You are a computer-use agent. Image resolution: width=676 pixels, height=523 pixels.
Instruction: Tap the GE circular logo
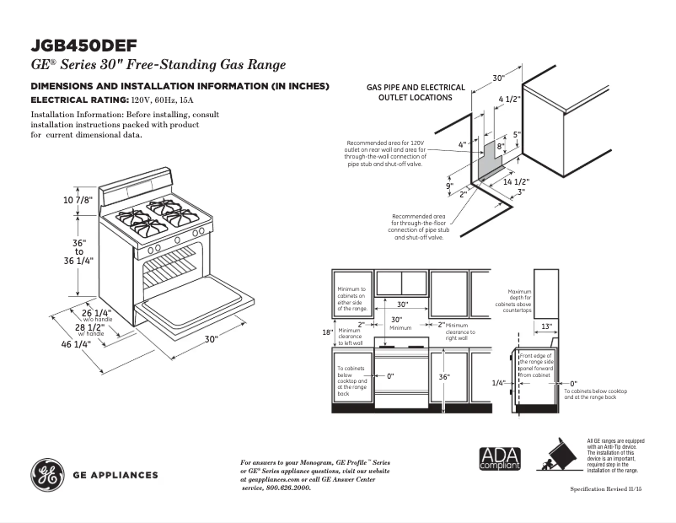47,475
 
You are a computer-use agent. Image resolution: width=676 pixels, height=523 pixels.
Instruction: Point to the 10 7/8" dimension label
77,200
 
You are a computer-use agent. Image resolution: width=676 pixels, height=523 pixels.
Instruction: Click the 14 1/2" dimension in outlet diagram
515,182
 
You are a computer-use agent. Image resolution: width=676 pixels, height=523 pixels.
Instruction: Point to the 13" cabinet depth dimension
546,326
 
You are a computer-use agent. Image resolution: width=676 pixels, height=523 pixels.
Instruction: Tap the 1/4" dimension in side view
498,382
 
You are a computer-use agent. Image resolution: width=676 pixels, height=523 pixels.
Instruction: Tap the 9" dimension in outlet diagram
449,186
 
